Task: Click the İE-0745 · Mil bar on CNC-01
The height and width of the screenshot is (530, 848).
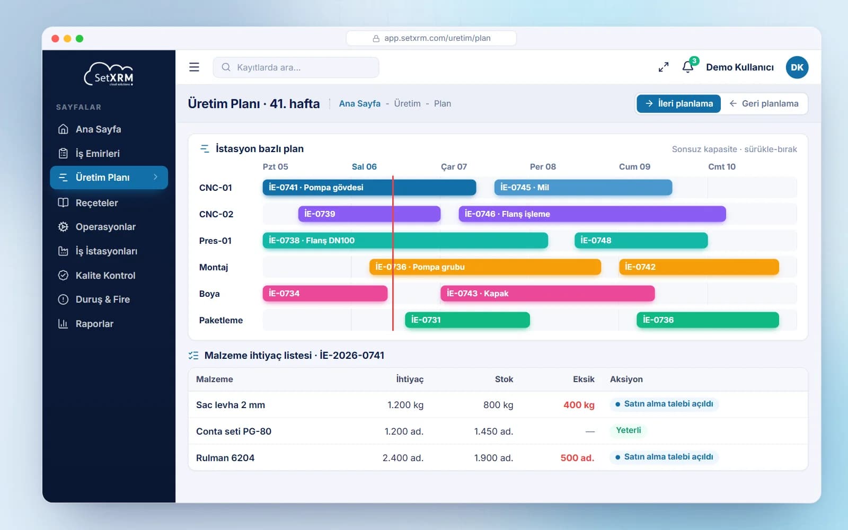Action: (x=583, y=188)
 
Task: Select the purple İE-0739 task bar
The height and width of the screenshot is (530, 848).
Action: (x=369, y=214)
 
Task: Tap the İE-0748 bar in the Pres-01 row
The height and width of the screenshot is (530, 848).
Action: (x=641, y=241)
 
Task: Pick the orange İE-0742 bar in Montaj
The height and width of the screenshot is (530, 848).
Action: (x=699, y=267)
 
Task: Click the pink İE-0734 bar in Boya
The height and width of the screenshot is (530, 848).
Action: (x=325, y=294)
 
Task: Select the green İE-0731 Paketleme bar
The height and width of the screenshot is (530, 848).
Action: (x=467, y=320)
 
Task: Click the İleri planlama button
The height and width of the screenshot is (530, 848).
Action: (x=678, y=104)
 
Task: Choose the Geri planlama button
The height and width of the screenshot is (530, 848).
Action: (x=764, y=104)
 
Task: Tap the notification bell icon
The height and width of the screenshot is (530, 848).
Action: (x=688, y=67)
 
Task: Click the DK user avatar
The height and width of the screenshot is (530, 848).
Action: (x=797, y=67)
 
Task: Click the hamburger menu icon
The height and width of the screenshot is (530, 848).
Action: (x=194, y=67)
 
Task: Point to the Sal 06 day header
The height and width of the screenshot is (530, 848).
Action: (x=364, y=166)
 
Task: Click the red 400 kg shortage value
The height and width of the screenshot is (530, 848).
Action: (x=579, y=405)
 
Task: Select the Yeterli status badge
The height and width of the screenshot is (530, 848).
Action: (x=629, y=430)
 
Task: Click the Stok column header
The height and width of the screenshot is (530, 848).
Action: (x=504, y=379)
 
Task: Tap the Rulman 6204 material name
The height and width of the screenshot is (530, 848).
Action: (x=225, y=458)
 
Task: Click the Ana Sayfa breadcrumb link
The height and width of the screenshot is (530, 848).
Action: (x=360, y=104)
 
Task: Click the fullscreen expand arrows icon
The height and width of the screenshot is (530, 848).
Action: (x=663, y=67)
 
